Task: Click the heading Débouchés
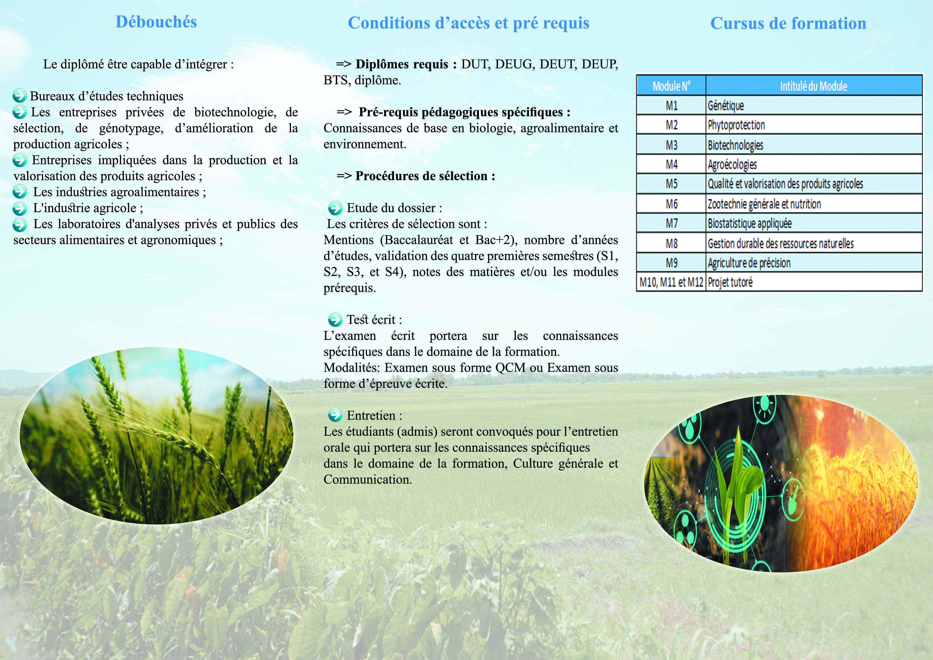[156, 22]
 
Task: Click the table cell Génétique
[726, 106]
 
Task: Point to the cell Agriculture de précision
[749, 263]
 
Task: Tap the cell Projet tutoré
[730, 282]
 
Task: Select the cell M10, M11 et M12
[671, 282]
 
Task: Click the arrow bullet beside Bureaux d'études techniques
[19, 96]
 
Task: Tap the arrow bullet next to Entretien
[335, 415]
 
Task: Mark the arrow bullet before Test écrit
[335, 320]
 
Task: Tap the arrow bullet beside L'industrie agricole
[19, 208]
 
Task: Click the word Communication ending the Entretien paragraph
[367, 479]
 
